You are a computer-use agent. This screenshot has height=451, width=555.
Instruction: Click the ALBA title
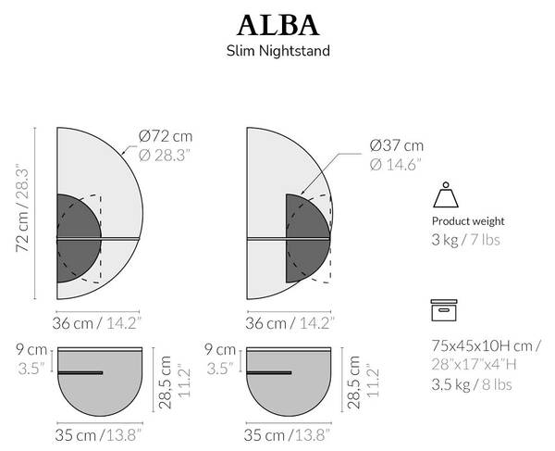277,23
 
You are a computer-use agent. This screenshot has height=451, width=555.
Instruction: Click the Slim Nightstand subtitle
277,52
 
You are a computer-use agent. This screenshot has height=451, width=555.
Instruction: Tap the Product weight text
468,221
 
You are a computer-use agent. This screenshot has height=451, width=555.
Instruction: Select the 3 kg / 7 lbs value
466,241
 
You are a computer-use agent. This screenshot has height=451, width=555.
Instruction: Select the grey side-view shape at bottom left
99,384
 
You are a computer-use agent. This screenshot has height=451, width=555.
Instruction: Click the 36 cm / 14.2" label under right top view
291,322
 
